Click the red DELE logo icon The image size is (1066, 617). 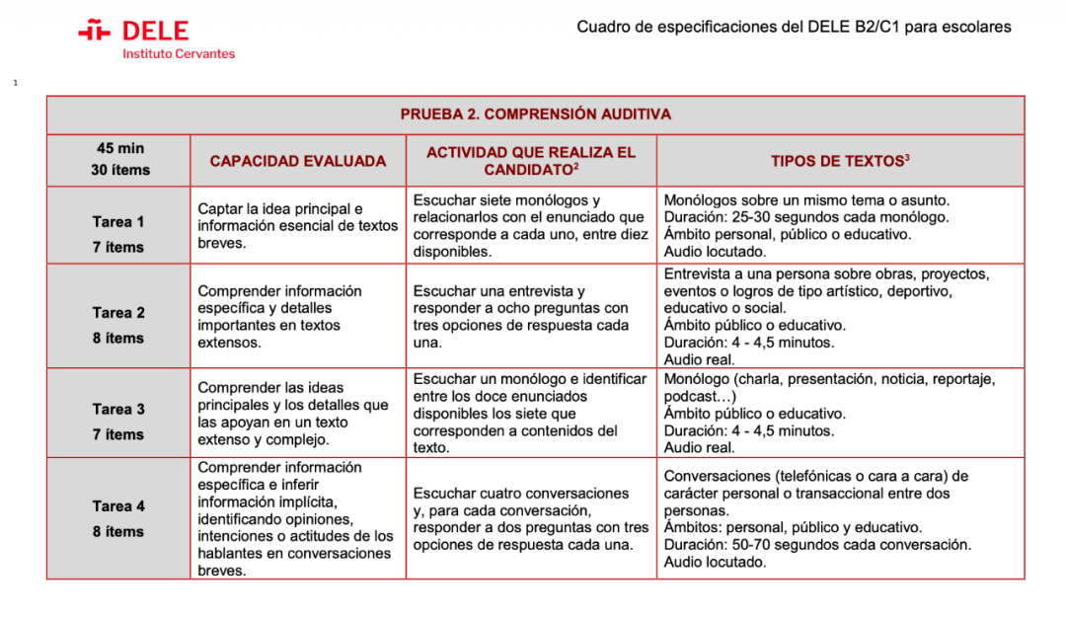click(x=94, y=32)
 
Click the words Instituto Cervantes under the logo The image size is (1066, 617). click(x=179, y=54)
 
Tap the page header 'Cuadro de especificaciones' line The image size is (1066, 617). click(x=794, y=27)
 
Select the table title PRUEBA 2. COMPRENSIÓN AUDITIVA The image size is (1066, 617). click(x=535, y=115)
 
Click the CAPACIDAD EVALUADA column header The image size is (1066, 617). click(x=298, y=161)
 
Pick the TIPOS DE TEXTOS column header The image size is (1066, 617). click(x=840, y=161)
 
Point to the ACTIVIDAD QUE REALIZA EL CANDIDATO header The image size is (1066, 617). click(x=531, y=161)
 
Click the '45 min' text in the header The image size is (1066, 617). click(x=119, y=148)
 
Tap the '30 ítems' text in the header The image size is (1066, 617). click(x=119, y=170)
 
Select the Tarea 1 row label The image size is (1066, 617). click(x=118, y=222)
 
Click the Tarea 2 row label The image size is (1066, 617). click(x=118, y=313)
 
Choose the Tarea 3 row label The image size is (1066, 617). click(x=118, y=409)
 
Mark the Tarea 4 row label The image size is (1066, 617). click(x=118, y=506)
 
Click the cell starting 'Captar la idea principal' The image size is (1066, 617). click(x=297, y=226)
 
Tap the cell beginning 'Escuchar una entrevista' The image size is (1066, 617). click(x=520, y=317)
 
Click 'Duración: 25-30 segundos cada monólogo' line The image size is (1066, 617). click(x=806, y=217)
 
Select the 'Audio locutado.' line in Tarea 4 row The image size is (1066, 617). click(x=715, y=563)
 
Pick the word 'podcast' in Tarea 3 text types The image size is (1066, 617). click(x=691, y=396)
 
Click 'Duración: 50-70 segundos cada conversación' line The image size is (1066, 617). click(x=816, y=545)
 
